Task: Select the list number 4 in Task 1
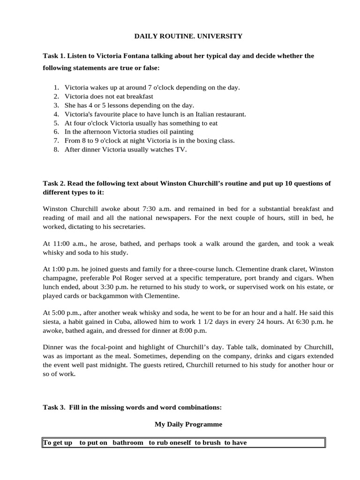click(56, 114)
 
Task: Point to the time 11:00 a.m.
click(66, 244)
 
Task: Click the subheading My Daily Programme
click(188, 424)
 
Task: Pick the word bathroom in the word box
click(128, 443)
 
